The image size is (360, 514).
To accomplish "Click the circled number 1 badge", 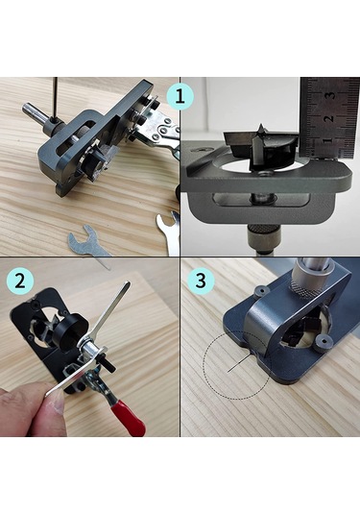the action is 180,96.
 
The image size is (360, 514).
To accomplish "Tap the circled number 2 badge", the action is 20,281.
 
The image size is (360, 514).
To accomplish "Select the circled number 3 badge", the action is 201,281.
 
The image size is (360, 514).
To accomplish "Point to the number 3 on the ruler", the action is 331,95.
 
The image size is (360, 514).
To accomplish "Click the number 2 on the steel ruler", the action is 330,118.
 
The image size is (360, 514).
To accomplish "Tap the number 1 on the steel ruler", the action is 329,141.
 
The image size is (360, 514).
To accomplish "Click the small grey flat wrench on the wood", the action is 87,245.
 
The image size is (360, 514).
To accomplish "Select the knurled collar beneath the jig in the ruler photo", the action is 261,233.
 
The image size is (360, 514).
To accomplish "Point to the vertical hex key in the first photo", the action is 56,98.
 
